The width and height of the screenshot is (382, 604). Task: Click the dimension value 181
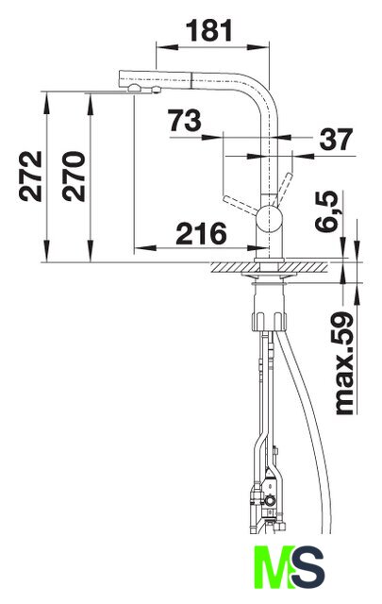[210, 31]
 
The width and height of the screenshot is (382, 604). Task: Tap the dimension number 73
[185, 121]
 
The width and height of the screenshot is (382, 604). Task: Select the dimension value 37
[336, 139]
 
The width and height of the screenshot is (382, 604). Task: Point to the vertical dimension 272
[30, 176]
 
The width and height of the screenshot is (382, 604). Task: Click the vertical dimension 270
[74, 176]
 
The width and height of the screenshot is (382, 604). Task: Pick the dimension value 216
[202, 233]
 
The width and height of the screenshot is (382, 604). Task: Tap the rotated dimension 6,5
[326, 211]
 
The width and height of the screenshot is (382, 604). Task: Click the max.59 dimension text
[344, 363]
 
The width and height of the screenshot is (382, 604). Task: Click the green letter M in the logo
[273, 567]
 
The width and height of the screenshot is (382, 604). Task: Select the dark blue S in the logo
[307, 567]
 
